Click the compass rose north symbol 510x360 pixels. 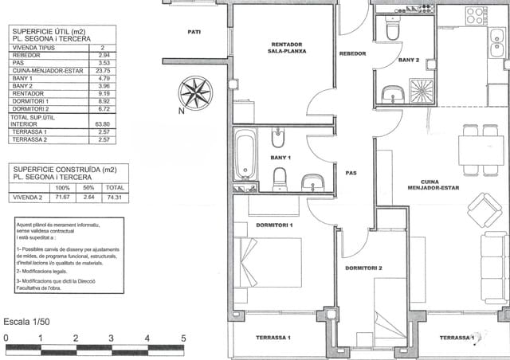click(x=195, y=92)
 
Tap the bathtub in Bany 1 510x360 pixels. click(x=245, y=156)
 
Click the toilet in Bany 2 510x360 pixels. click(x=391, y=29)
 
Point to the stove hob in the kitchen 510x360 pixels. click(x=476, y=15)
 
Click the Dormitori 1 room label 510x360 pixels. click(x=274, y=225)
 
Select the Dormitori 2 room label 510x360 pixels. click(x=363, y=268)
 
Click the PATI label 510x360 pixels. click(x=194, y=32)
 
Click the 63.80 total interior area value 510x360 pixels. click(x=102, y=124)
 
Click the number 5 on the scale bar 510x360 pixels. click(x=183, y=338)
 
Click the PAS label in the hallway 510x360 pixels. click(x=351, y=173)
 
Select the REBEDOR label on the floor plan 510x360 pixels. click(x=352, y=53)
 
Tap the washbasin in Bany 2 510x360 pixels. click(x=392, y=95)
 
